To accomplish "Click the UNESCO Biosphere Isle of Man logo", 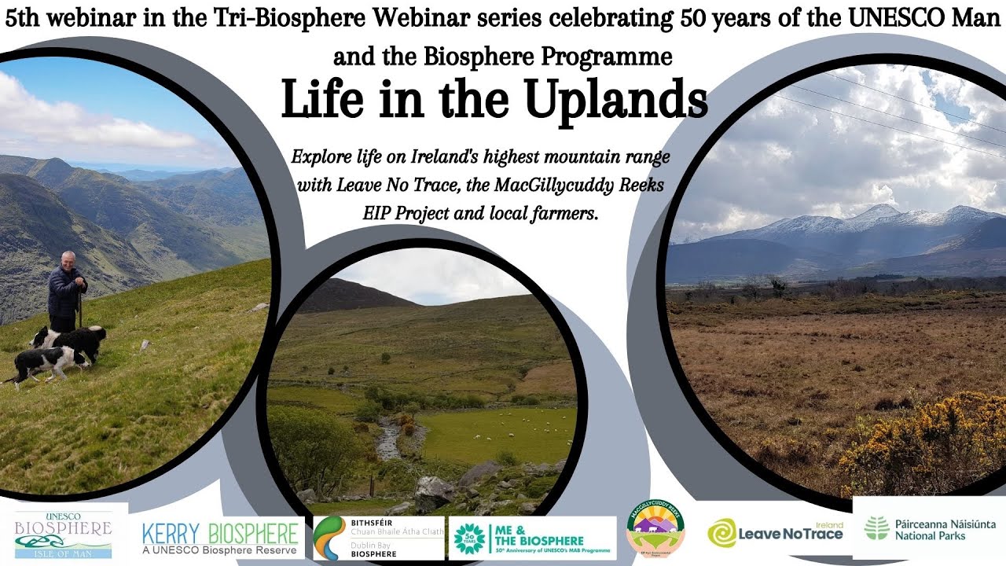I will [64, 534].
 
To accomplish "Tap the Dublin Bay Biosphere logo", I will [378, 538].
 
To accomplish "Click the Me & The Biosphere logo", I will [532, 538].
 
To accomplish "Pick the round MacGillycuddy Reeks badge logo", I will [655, 529].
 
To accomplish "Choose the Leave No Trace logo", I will [775, 532].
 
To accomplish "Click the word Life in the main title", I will [321, 101].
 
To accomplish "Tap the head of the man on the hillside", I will [69, 259].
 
